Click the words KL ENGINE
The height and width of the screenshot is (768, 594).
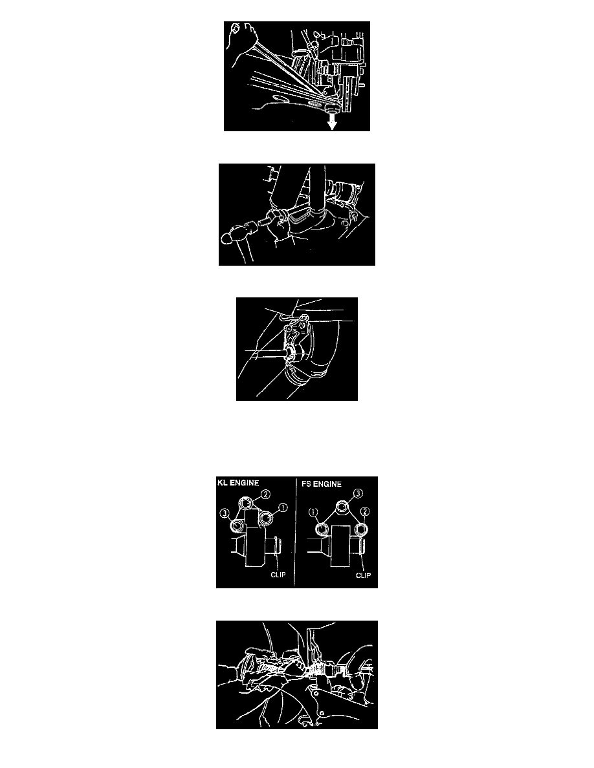point(237,482)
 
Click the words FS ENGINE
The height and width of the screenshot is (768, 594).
point(322,484)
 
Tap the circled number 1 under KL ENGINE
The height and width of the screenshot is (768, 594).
point(282,508)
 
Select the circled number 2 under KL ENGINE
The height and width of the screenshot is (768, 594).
point(266,495)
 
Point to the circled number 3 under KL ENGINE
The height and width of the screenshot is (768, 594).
point(225,513)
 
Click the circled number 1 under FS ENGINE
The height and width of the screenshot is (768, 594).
point(314,513)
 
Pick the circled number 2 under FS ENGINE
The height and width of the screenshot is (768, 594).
point(365,513)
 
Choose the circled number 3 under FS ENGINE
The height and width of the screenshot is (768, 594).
point(358,493)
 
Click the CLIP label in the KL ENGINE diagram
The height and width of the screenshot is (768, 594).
point(278,575)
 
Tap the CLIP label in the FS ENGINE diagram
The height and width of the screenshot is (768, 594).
point(363,575)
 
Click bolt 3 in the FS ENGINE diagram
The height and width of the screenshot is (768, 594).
point(342,507)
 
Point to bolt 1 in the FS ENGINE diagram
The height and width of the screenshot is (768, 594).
point(322,529)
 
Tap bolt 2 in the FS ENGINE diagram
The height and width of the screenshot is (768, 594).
point(361,529)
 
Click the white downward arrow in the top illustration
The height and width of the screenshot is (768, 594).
point(333,122)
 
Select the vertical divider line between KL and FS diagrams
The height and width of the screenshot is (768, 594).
point(296,533)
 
